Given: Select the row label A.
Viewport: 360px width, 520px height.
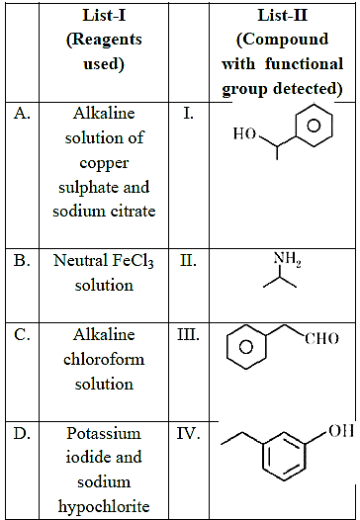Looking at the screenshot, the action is click(x=22, y=114).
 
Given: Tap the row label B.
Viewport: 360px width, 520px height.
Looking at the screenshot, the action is click(x=22, y=261).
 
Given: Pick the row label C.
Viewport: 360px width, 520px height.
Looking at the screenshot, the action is click(x=22, y=334).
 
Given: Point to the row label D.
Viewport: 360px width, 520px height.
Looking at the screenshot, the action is click(x=22, y=433).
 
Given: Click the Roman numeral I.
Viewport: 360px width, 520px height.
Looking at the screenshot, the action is click(x=189, y=114).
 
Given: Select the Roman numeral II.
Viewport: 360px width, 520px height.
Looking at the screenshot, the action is click(x=188, y=261).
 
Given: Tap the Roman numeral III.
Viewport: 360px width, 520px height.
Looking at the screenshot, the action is click(x=188, y=334).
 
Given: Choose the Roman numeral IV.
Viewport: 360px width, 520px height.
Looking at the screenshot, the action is click(x=188, y=433).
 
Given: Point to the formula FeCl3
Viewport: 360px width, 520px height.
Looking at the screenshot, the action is click(x=134, y=261).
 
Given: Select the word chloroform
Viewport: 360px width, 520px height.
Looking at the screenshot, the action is click(x=104, y=359).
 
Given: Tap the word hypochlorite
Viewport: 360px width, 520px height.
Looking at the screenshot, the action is click(x=104, y=507).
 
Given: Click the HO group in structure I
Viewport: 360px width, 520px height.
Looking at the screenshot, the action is click(x=244, y=133).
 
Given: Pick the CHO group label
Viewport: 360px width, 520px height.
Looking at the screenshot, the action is click(x=321, y=339).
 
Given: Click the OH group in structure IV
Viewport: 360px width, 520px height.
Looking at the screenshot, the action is click(x=341, y=431).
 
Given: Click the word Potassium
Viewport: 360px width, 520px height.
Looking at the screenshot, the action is click(x=104, y=434).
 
